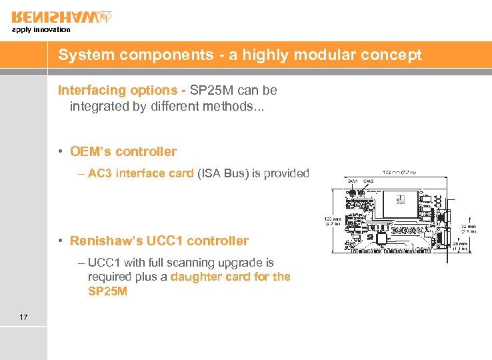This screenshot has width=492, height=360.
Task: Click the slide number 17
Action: pos(24,317)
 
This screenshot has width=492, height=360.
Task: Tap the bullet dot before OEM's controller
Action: pos(61,152)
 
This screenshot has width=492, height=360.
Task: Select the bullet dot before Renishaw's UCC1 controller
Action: pos(61,241)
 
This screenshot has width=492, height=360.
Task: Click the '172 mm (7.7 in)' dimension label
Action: pos(400,172)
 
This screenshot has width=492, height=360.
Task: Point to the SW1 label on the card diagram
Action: pos(351,181)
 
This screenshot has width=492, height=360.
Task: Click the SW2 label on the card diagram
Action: pos(368,181)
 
